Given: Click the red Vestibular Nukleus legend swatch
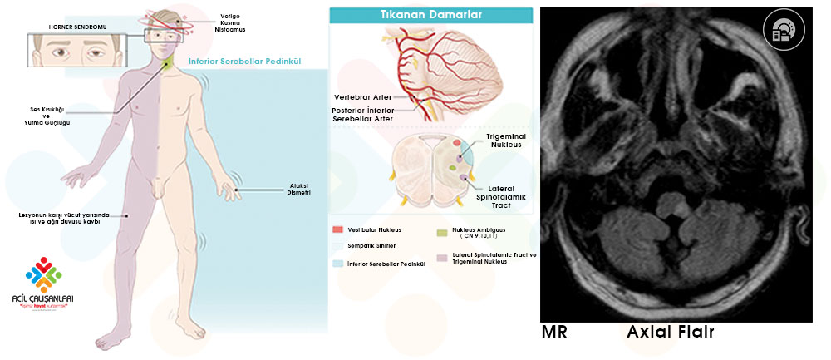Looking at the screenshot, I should [x=337, y=229].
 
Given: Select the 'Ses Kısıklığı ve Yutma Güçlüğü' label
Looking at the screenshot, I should [x=47, y=116].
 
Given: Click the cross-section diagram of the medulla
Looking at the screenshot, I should [x=432, y=170].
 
